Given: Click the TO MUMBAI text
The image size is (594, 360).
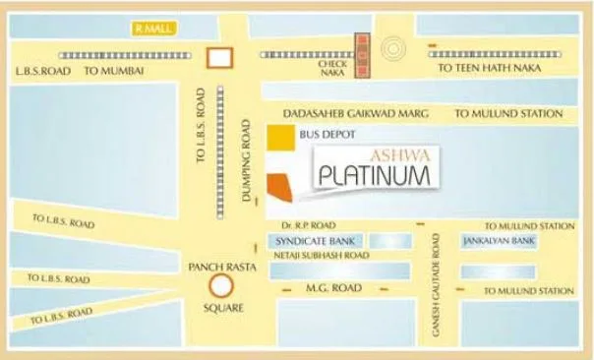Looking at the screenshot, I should (x=114, y=71).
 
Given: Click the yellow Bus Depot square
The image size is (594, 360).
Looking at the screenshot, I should (x=280, y=138).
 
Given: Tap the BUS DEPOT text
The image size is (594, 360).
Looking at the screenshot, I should (x=327, y=133).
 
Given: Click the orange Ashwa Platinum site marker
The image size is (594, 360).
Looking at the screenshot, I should (x=280, y=182).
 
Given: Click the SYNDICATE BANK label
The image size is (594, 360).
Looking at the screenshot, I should (x=305, y=240).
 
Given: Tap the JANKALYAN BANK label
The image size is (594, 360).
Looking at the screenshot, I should (x=498, y=240).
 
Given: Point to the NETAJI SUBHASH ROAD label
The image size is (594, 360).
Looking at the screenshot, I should (x=322, y=255).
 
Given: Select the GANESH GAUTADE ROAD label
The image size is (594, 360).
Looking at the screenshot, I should (x=436, y=285).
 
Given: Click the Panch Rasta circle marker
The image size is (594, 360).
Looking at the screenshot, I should (x=221, y=288).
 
